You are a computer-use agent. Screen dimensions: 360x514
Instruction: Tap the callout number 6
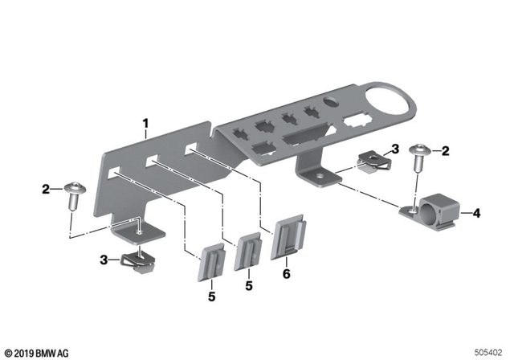[x=287, y=273]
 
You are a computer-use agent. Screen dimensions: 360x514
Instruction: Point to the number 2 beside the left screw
[x=47, y=190]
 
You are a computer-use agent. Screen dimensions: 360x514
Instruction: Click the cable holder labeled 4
[x=433, y=207]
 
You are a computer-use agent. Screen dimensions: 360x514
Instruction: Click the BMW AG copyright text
[x=36, y=353]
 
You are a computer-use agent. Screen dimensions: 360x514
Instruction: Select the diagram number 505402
[x=490, y=352]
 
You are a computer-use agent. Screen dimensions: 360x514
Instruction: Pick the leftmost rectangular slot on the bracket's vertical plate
[x=116, y=171]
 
